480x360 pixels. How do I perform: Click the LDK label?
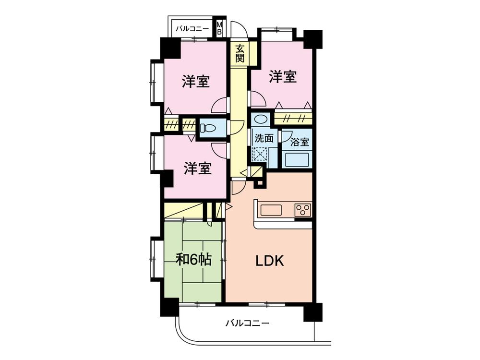270,261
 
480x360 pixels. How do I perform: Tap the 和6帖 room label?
194,260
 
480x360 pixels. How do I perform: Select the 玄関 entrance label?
240,54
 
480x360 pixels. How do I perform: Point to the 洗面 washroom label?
264,138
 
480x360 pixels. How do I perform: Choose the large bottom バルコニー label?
247,323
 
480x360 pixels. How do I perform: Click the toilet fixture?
208,129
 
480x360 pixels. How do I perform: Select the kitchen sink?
272,209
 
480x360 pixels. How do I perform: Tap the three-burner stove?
303,209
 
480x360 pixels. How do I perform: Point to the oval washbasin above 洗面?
261,119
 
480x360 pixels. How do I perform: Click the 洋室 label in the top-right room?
282,76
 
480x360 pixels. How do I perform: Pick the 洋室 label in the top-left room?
195,82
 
